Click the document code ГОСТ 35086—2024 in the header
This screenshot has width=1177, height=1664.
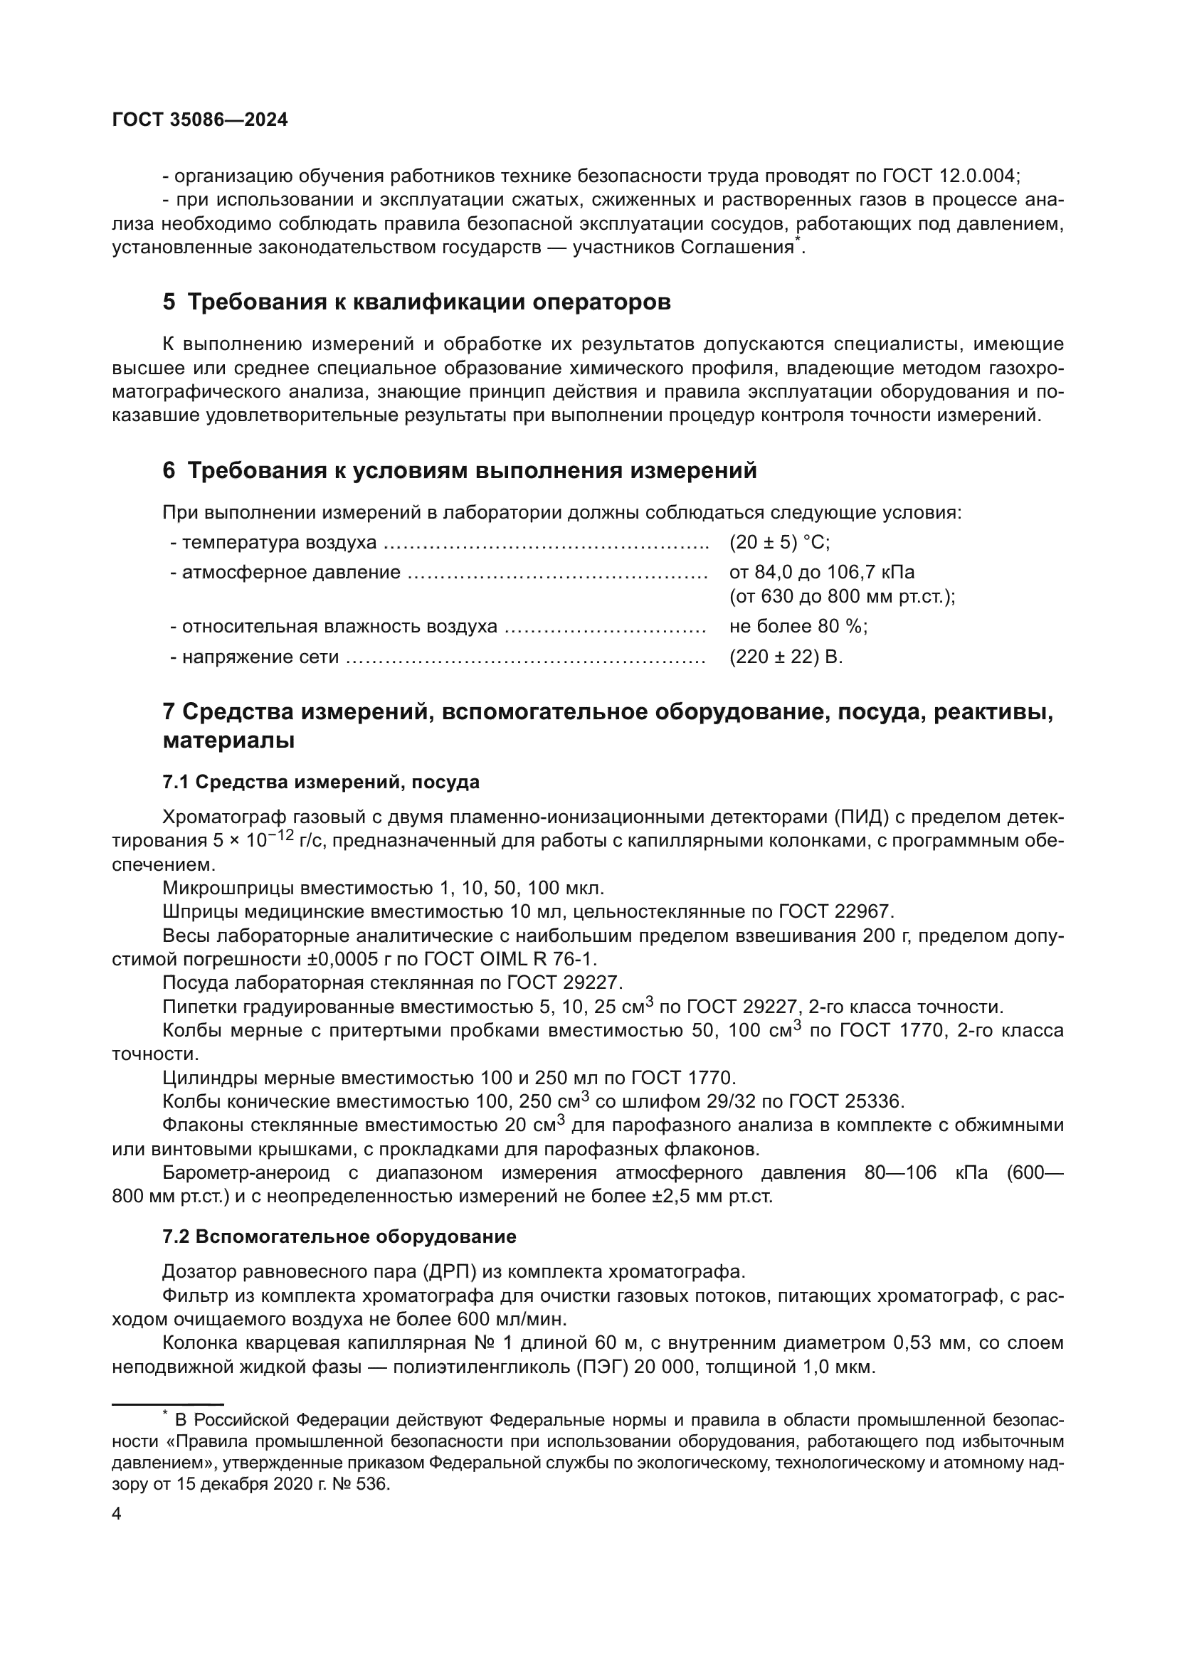[200, 120]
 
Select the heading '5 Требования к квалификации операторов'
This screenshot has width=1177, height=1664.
[417, 302]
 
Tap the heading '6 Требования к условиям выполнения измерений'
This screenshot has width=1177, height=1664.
[460, 471]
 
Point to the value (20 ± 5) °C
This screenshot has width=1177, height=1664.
[779, 542]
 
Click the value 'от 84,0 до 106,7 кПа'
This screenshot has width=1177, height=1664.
[822, 573]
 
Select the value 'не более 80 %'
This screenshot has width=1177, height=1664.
[798, 626]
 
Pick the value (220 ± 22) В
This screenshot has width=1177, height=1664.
[786, 657]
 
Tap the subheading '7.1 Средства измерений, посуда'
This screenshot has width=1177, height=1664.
[321, 782]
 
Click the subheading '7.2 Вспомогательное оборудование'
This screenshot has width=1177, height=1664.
[339, 1237]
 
